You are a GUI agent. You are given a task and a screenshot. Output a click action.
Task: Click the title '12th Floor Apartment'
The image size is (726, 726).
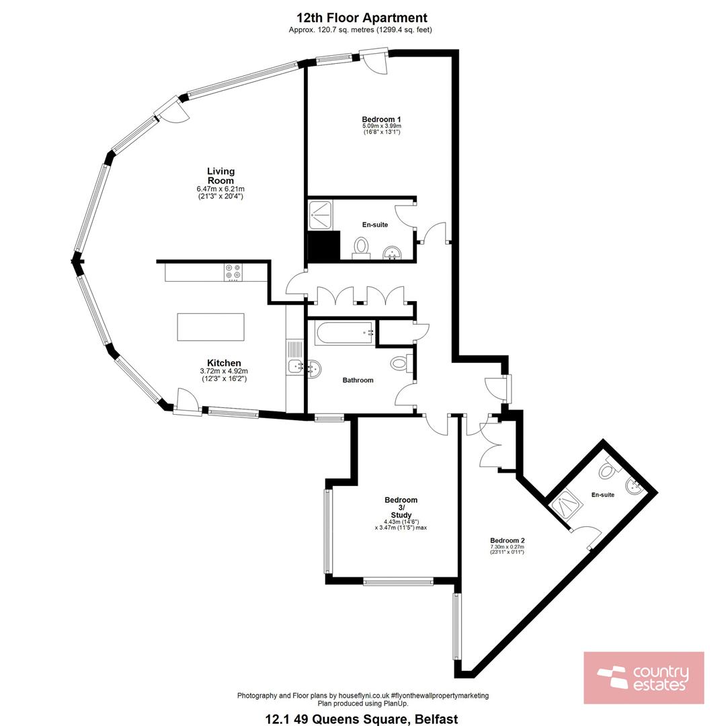pyautogui.click(x=362, y=18)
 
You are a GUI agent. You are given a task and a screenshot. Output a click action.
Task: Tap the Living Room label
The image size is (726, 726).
pyautogui.click(x=220, y=176)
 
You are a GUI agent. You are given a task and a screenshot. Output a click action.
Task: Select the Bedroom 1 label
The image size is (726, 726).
pyautogui.click(x=381, y=120)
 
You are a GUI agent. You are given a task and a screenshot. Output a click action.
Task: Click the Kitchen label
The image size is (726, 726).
pyautogui.click(x=224, y=363)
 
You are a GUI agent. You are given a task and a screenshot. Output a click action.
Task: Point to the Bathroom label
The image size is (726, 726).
pyautogui.click(x=358, y=380)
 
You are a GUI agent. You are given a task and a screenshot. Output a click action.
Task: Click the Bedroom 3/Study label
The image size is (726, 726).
pyautogui.click(x=401, y=508)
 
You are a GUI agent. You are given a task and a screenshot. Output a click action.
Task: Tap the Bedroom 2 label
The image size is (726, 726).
pyautogui.click(x=508, y=540)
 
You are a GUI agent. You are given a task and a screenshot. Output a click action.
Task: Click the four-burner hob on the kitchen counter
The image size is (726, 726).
pyautogui.click(x=233, y=272)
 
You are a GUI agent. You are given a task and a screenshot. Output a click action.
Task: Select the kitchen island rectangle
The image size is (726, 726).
pyautogui.click(x=210, y=327)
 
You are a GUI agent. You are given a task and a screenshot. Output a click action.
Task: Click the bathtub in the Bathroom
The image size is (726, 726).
pyautogui.click(x=344, y=333)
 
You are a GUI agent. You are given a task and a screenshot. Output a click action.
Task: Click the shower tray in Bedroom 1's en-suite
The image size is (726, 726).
pyautogui.click(x=321, y=215)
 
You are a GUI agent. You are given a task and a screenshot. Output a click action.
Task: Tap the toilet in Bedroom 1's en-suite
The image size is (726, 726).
pyautogui.click(x=361, y=247)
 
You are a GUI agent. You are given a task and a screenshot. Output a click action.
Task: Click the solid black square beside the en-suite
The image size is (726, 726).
pyautogui.click(x=324, y=246)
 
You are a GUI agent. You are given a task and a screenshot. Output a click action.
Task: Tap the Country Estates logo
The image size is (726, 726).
pyautogui.click(x=643, y=678)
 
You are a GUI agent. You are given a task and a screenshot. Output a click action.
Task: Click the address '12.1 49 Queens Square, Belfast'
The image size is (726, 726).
pyautogui.click(x=362, y=719)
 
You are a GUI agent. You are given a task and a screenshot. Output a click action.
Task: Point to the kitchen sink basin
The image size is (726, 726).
pyautogui.click(x=294, y=367)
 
